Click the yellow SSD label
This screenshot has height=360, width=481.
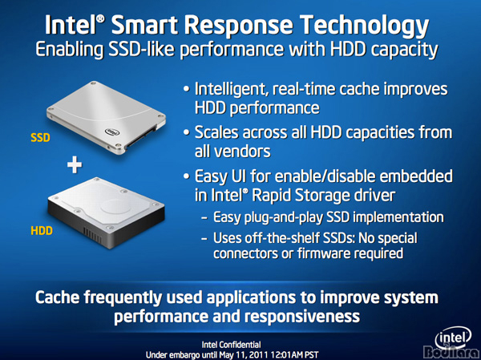(40, 138)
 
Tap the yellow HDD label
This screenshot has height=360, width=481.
(42, 230)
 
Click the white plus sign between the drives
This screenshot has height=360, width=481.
(75, 166)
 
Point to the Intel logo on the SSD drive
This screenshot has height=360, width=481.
(112, 132)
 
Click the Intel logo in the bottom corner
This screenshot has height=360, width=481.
(453, 340)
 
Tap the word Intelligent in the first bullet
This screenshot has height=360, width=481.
(230, 90)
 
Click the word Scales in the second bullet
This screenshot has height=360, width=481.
(216, 132)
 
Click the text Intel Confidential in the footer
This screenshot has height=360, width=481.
(232, 345)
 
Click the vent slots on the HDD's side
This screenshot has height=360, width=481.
(92, 236)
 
